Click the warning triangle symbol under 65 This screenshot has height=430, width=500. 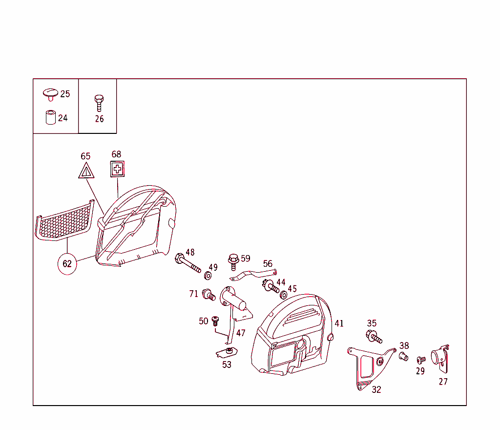tap(86, 171)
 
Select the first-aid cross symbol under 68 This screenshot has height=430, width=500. tap(117, 169)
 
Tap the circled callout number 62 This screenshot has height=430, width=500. tap(67, 263)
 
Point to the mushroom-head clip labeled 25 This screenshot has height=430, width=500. tap(50, 94)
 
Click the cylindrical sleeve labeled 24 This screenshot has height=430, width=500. tap(51, 117)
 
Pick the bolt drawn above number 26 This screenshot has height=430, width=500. tap(99, 103)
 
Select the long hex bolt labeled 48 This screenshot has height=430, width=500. tap(187, 263)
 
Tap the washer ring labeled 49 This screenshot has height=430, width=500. tap(208, 276)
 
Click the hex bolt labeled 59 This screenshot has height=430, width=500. tap(233, 262)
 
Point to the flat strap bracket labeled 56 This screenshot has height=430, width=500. tap(253, 275)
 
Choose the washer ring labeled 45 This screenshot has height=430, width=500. tap(283, 295)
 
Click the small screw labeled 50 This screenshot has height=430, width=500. tap(215, 321)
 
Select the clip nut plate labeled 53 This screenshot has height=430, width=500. tap(227, 352)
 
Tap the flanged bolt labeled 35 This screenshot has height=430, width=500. tap(374, 337)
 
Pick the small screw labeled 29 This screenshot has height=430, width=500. tap(421, 360)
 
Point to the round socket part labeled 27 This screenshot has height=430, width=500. tap(440, 359)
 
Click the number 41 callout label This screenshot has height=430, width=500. tap(339, 323)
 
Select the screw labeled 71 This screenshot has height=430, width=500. tap(209, 295)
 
